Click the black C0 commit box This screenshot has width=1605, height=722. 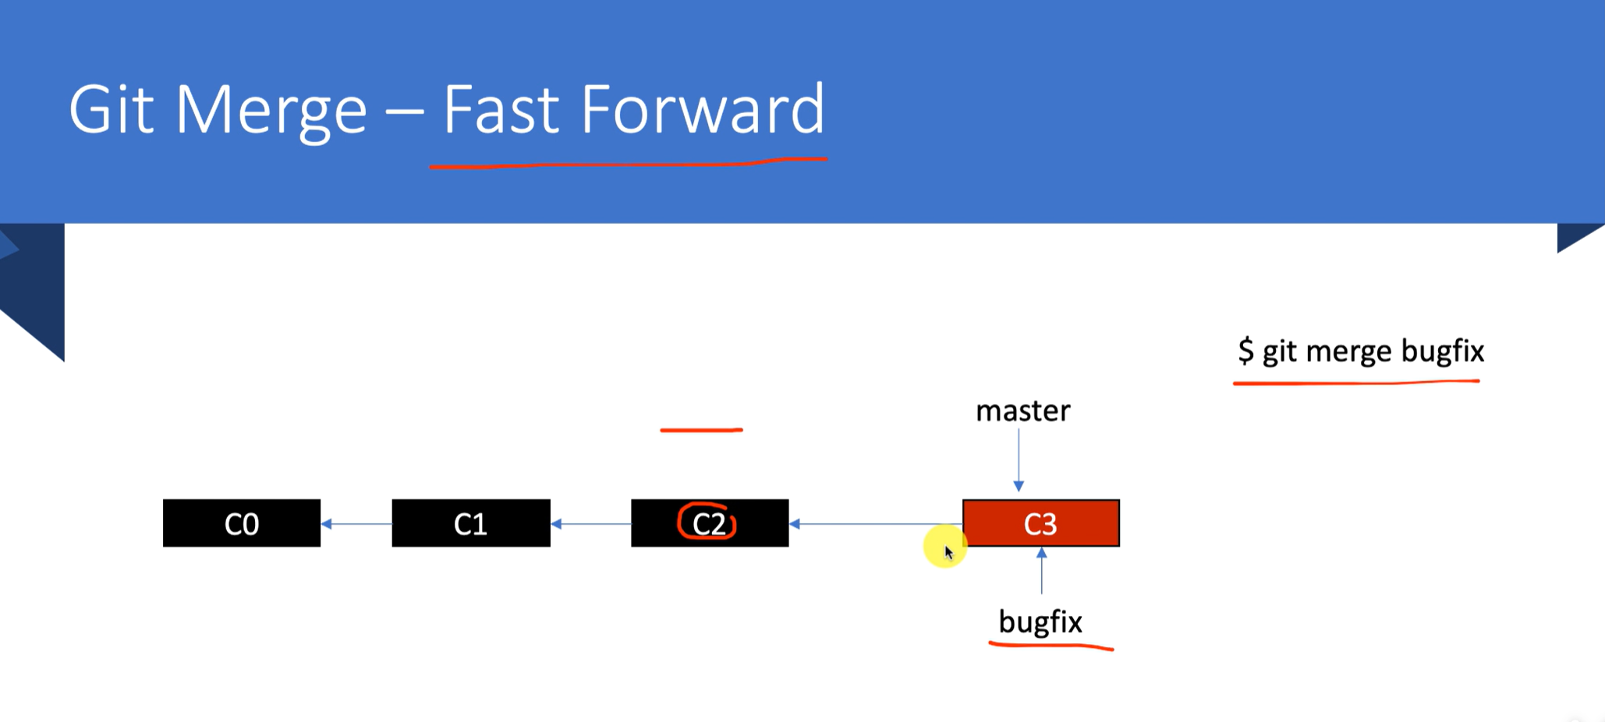click(x=242, y=523)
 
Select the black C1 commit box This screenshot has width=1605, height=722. click(x=471, y=523)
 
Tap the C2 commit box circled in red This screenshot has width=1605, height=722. click(x=709, y=523)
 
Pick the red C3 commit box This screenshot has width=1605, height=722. click(x=1040, y=523)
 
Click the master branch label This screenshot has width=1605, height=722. click(x=1022, y=411)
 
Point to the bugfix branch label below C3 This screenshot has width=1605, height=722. click(x=1040, y=622)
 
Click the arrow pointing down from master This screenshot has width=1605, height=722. click(x=1019, y=460)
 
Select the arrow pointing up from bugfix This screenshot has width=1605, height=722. click(x=1041, y=571)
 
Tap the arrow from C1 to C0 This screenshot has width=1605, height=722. click(x=356, y=524)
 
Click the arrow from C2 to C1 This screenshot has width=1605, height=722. click(x=590, y=524)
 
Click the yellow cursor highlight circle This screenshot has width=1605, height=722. click(x=944, y=547)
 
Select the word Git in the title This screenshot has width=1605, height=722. click(x=111, y=109)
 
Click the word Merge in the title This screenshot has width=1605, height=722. click(x=271, y=111)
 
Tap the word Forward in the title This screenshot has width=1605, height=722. click(x=702, y=109)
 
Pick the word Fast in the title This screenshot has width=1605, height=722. click(x=501, y=109)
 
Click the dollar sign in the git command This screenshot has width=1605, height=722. click(x=1245, y=351)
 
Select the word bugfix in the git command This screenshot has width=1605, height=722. click(x=1442, y=352)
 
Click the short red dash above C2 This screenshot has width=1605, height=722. click(x=701, y=430)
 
